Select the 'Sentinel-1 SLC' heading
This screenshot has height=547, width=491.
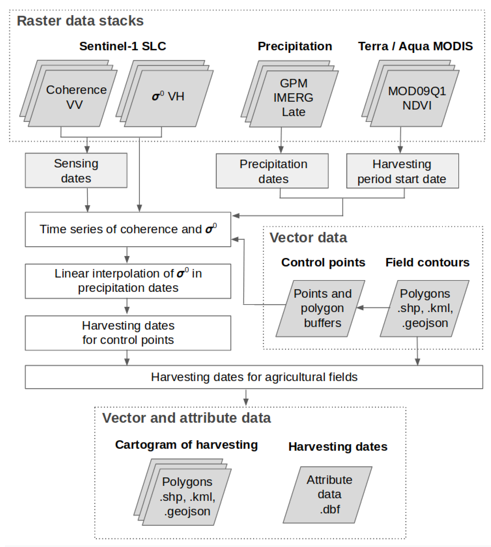pyautogui.click(x=123, y=46)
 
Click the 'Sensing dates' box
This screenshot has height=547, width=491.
pyautogui.click(x=76, y=170)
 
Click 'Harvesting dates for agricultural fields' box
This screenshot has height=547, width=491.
pyautogui.click(x=254, y=377)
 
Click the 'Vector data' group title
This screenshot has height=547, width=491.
pyautogui.click(x=308, y=238)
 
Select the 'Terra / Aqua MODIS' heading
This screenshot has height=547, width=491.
pyautogui.click(x=415, y=46)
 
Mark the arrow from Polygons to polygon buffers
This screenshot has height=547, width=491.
pyautogui.click(x=374, y=308)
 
